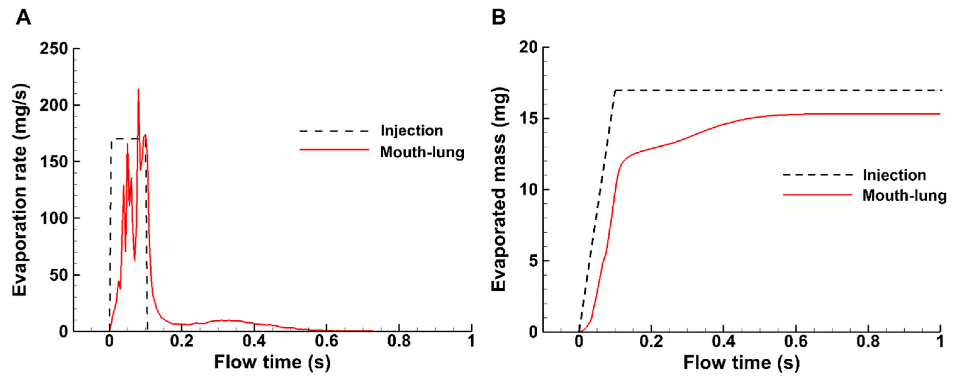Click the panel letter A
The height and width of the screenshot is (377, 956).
tap(23, 17)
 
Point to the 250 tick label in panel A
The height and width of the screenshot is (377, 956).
tap(54, 49)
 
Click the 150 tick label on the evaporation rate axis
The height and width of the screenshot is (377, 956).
tap(54, 162)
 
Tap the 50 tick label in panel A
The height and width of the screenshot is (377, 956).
tap(59, 275)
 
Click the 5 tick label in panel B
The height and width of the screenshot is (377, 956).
tap(534, 261)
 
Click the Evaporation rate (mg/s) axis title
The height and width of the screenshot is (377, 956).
tap(20, 190)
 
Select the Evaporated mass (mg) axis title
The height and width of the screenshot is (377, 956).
tap(499, 189)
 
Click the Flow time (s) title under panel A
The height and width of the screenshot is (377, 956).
tap(272, 362)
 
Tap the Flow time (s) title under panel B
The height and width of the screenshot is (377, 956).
tap(741, 362)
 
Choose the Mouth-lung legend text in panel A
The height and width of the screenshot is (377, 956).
tap(422, 152)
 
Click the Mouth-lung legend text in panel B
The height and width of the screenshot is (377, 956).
tap(904, 195)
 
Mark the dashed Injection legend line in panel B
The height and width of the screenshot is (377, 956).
tap(818, 175)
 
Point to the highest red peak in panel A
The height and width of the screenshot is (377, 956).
tap(138, 89)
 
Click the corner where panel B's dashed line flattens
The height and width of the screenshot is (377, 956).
tap(615, 90)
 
